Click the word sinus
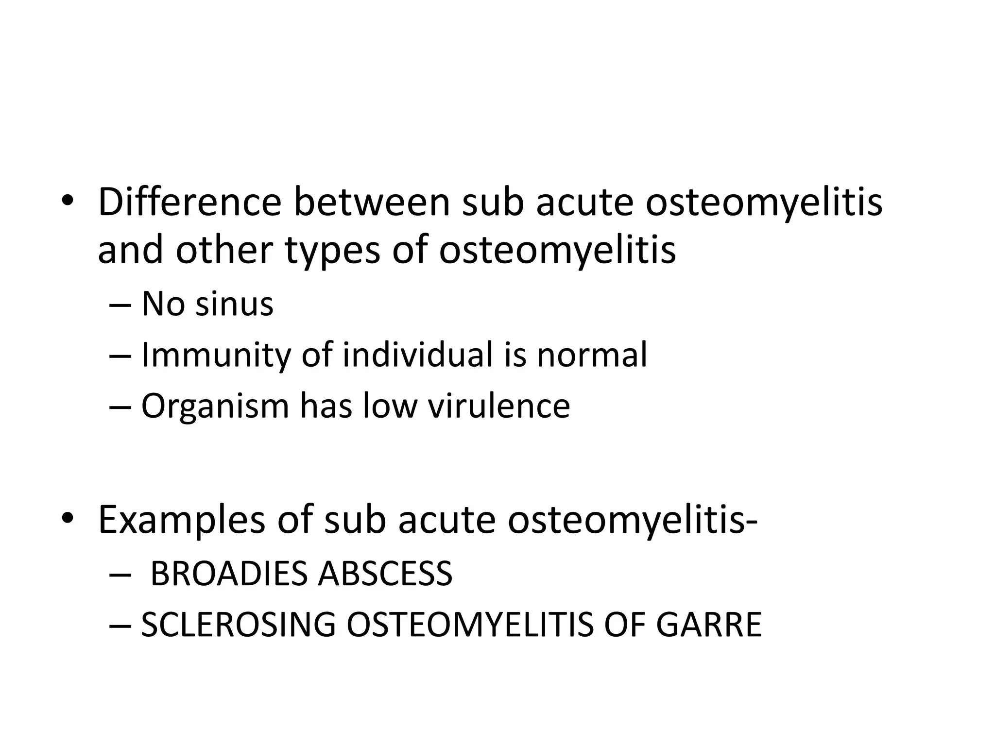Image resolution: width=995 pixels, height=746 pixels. (234, 305)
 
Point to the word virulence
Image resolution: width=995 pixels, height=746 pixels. (498, 406)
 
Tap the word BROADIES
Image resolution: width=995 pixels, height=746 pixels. (228, 574)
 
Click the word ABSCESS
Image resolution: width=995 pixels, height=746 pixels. (385, 574)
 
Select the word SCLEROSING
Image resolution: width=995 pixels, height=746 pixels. (238, 625)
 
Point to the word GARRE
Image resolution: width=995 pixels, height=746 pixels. (708, 625)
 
